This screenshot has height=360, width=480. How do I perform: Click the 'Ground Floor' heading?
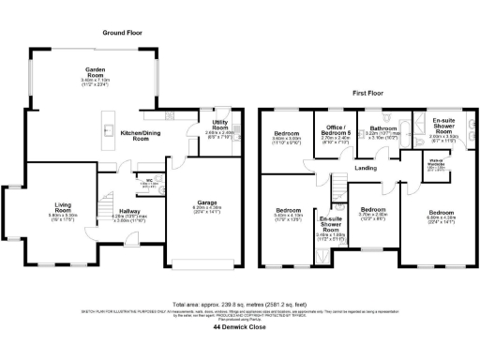[126, 32]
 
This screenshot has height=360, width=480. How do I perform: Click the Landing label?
[365, 169]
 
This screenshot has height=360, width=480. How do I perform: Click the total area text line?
[240, 303]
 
